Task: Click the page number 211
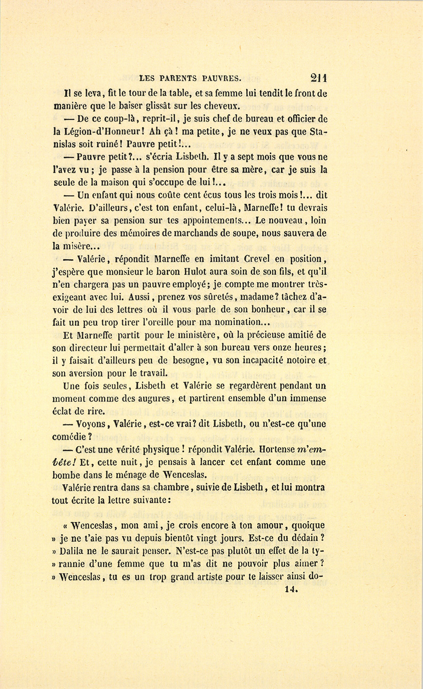(318, 78)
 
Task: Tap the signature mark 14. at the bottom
(291, 590)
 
